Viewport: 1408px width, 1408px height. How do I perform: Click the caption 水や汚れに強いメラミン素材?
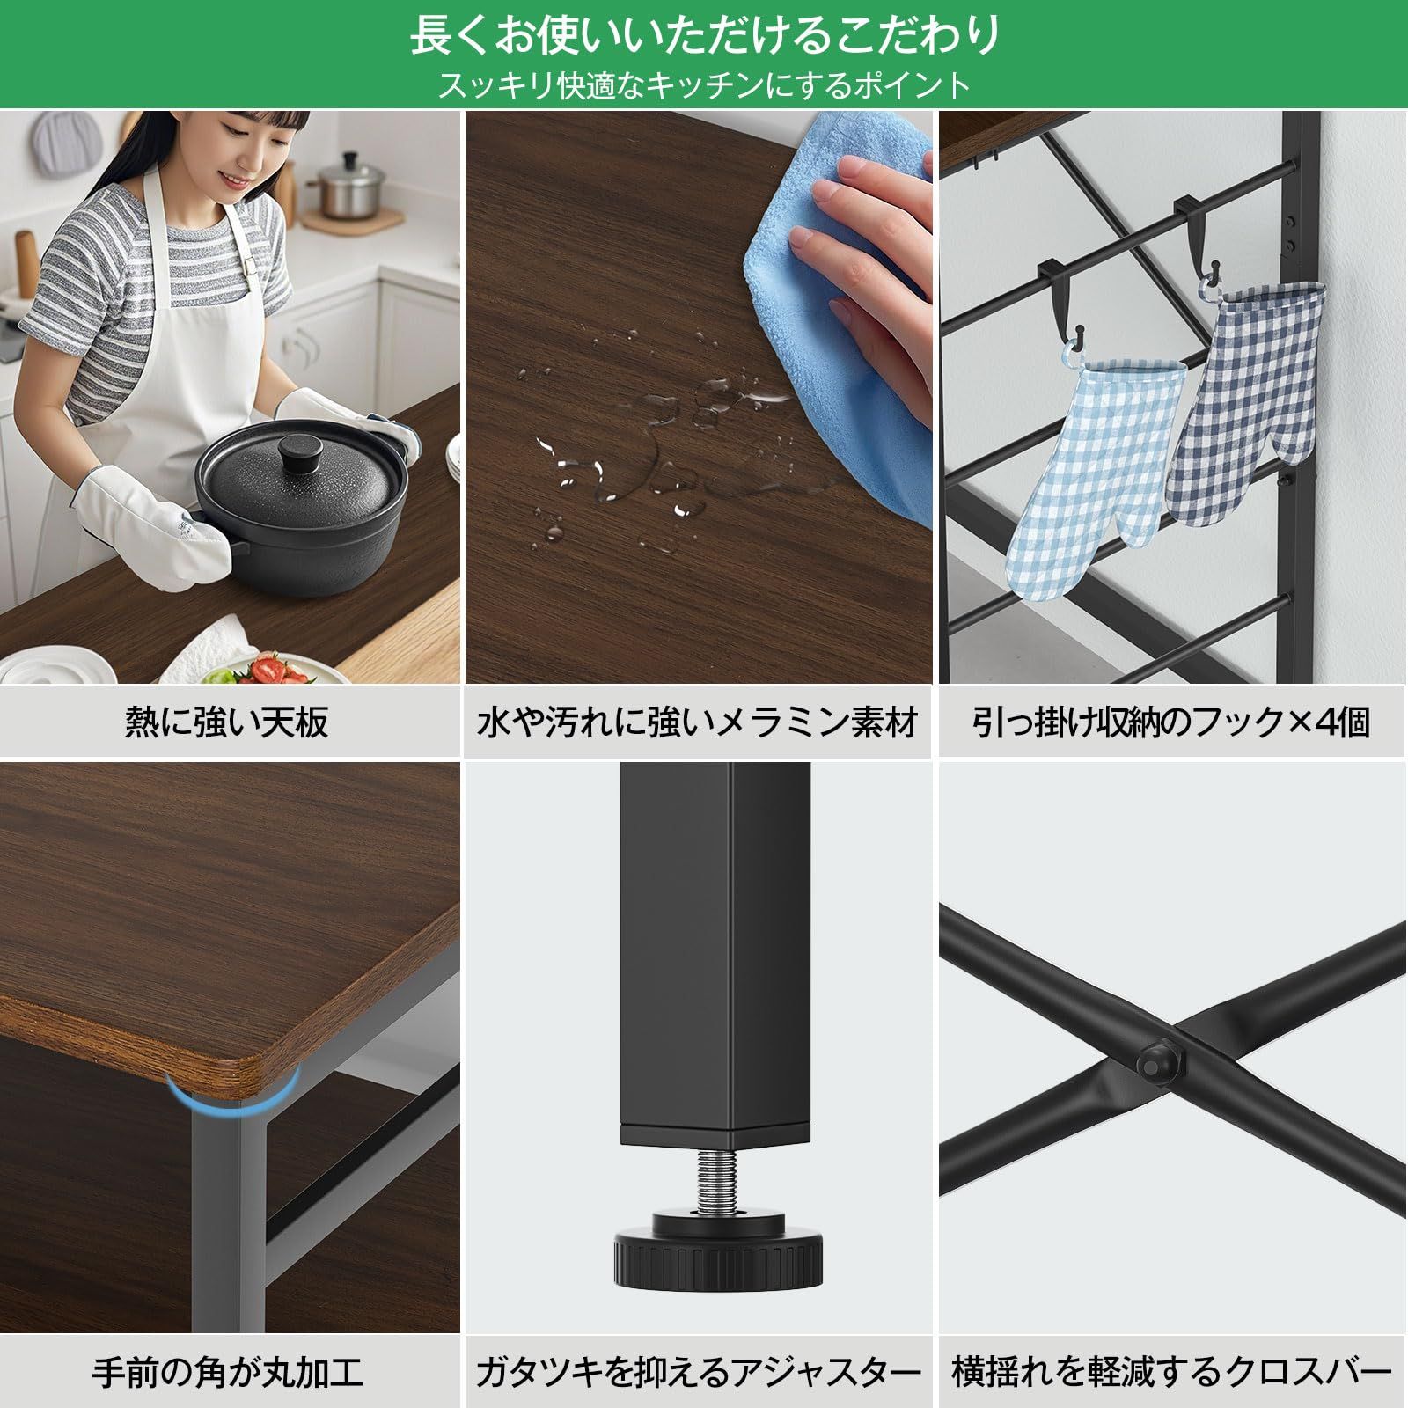coord(697,722)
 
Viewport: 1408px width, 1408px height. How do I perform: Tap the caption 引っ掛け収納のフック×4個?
coord(1172,722)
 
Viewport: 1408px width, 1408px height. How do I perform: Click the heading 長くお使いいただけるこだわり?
coord(704,35)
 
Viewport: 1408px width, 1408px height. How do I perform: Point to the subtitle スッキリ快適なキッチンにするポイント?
coord(704,85)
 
